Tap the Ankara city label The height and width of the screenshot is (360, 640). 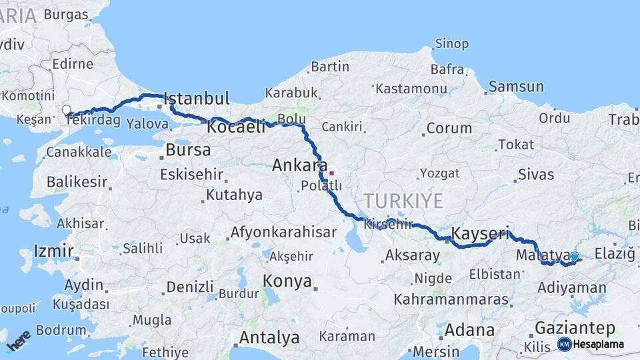pyautogui.click(x=299, y=165)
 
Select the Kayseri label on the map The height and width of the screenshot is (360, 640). pyautogui.click(x=480, y=234)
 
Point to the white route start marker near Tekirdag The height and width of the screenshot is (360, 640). pyautogui.click(x=66, y=110)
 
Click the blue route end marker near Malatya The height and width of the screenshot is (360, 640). pyautogui.click(x=575, y=256)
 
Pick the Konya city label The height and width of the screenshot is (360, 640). pyautogui.click(x=287, y=281)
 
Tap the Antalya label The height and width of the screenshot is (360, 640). pyautogui.click(x=269, y=338)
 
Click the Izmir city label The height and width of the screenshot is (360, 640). pyautogui.click(x=53, y=252)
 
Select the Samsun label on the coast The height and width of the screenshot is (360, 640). pyautogui.click(x=516, y=87)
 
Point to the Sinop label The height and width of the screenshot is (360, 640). pyautogui.click(x=451, y=45)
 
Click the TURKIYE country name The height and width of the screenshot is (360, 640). pyautogui.click(x=403, y=201)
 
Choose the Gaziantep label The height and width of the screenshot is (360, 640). pyautogui.click(x=575, y=328)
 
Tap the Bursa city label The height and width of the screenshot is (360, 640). pyautogui.click(x=188, y=150)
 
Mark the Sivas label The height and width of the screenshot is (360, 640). pyautogui.click(x=537, y=175)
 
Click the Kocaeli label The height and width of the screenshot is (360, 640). pyautogui.click(x=236, y=127)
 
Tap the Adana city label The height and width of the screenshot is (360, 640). pyautogui.click(x=469, y=330)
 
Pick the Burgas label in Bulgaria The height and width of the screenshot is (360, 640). pyautogui.click(x=66, y=14)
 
